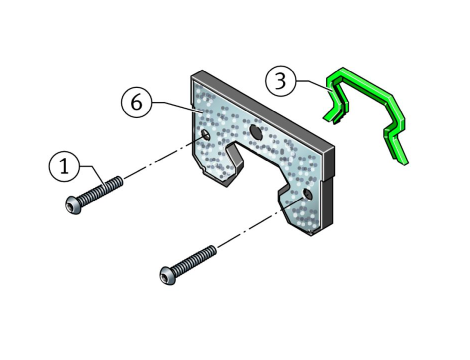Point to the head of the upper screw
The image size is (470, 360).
74,205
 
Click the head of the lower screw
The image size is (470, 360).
168,276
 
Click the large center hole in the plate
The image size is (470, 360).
256,131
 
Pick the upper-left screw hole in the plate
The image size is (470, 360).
206,135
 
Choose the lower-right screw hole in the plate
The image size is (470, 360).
308,194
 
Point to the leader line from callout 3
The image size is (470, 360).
313,85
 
